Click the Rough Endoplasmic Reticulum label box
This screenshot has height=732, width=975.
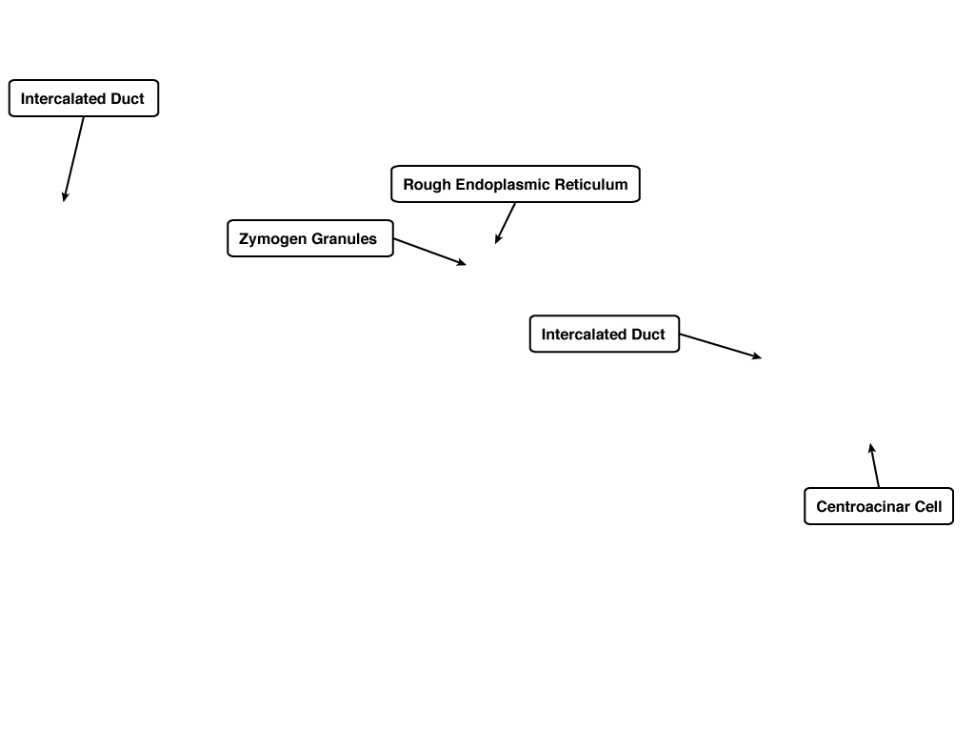[515, 184]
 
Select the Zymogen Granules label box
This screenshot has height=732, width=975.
[310, 238]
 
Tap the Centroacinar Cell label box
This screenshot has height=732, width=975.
[879, 506]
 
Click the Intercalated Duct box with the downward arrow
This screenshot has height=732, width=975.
[84, 98]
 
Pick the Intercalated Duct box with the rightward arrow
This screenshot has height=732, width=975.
[605, 334]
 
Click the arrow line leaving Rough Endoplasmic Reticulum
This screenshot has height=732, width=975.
[506, 223]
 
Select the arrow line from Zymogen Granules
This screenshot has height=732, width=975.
[429, 252]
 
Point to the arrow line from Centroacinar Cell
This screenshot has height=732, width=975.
[874, 465]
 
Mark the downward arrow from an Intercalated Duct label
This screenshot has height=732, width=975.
[73, 159]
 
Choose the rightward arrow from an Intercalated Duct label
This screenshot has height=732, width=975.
[721, 346]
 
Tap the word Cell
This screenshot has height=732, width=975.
[928, 507]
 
